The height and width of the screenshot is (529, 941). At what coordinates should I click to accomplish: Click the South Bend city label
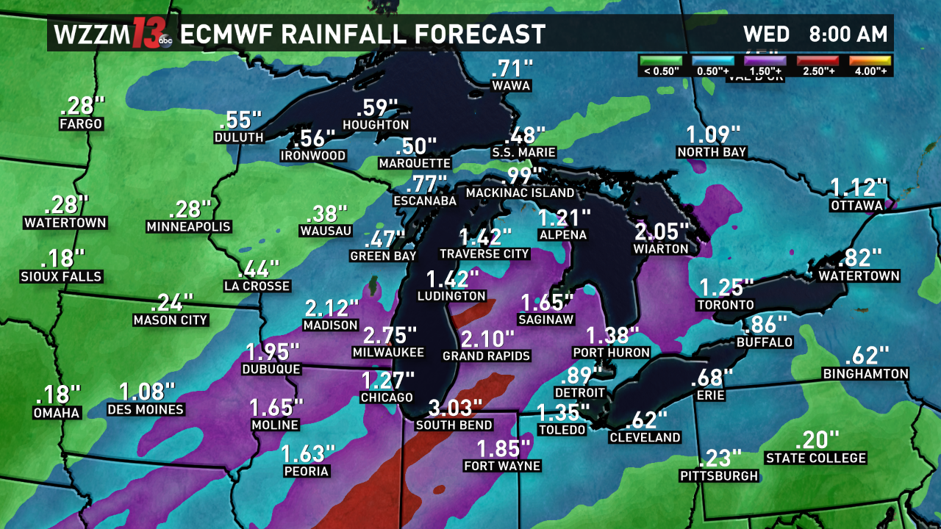coord(454,425)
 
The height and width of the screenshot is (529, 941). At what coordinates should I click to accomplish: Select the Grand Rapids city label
coord(486,356)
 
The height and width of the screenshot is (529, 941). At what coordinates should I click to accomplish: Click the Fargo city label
coord(81,124)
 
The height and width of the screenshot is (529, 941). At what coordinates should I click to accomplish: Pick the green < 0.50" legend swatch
coord(661,60)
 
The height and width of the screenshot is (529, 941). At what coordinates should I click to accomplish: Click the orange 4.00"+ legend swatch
coord(870,60)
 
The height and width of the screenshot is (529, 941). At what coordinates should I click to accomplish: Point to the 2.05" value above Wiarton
coord(662,232)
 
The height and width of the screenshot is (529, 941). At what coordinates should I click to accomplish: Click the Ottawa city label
coord(856,206)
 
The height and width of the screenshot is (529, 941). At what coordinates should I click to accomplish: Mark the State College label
coord(815,458)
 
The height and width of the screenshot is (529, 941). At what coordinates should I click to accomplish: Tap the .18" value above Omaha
coord(57,395)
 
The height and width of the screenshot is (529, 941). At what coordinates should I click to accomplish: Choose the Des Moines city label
coord(146,409)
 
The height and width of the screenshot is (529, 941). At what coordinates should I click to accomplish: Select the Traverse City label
coord(484,253)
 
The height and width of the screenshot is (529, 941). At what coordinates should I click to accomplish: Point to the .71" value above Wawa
coord(512,69)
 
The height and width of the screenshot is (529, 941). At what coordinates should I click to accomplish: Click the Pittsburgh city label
coord(718,476)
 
